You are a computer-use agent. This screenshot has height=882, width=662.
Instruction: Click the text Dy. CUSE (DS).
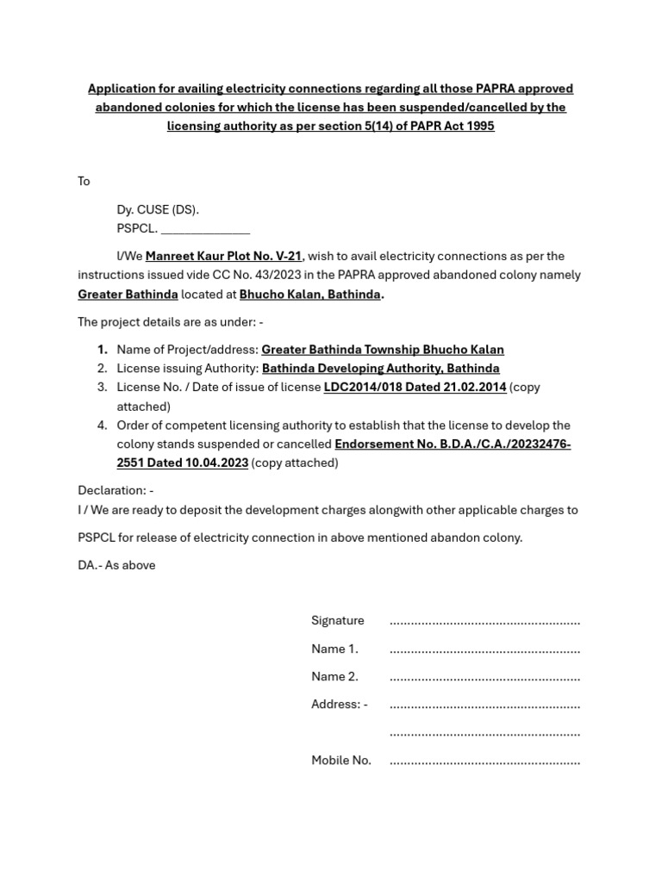tap(158, 209)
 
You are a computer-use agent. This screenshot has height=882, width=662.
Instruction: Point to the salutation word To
tap(84, 181)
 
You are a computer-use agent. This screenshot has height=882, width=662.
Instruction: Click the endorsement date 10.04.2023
tap(216, 463)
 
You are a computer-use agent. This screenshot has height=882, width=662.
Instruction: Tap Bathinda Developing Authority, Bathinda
tap(380, 368)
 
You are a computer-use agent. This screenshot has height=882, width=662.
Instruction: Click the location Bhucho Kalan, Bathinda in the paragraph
tap(309, 294)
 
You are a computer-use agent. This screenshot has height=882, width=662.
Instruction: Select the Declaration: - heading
tap(116, 490)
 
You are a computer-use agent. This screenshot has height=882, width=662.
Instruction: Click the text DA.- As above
tap(116, 565)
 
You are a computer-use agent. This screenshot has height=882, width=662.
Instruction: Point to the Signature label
tap(337, 620)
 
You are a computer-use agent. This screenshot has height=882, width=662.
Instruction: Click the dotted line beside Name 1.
tap(484, 649)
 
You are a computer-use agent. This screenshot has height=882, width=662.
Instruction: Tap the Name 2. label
tap(334, 676)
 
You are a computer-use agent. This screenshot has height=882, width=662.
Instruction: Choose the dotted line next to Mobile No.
tap(484, 761)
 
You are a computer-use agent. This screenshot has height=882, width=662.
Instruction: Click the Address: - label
tap(339, 704)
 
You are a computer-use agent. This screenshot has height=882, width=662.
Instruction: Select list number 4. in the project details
tap(102, 425)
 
